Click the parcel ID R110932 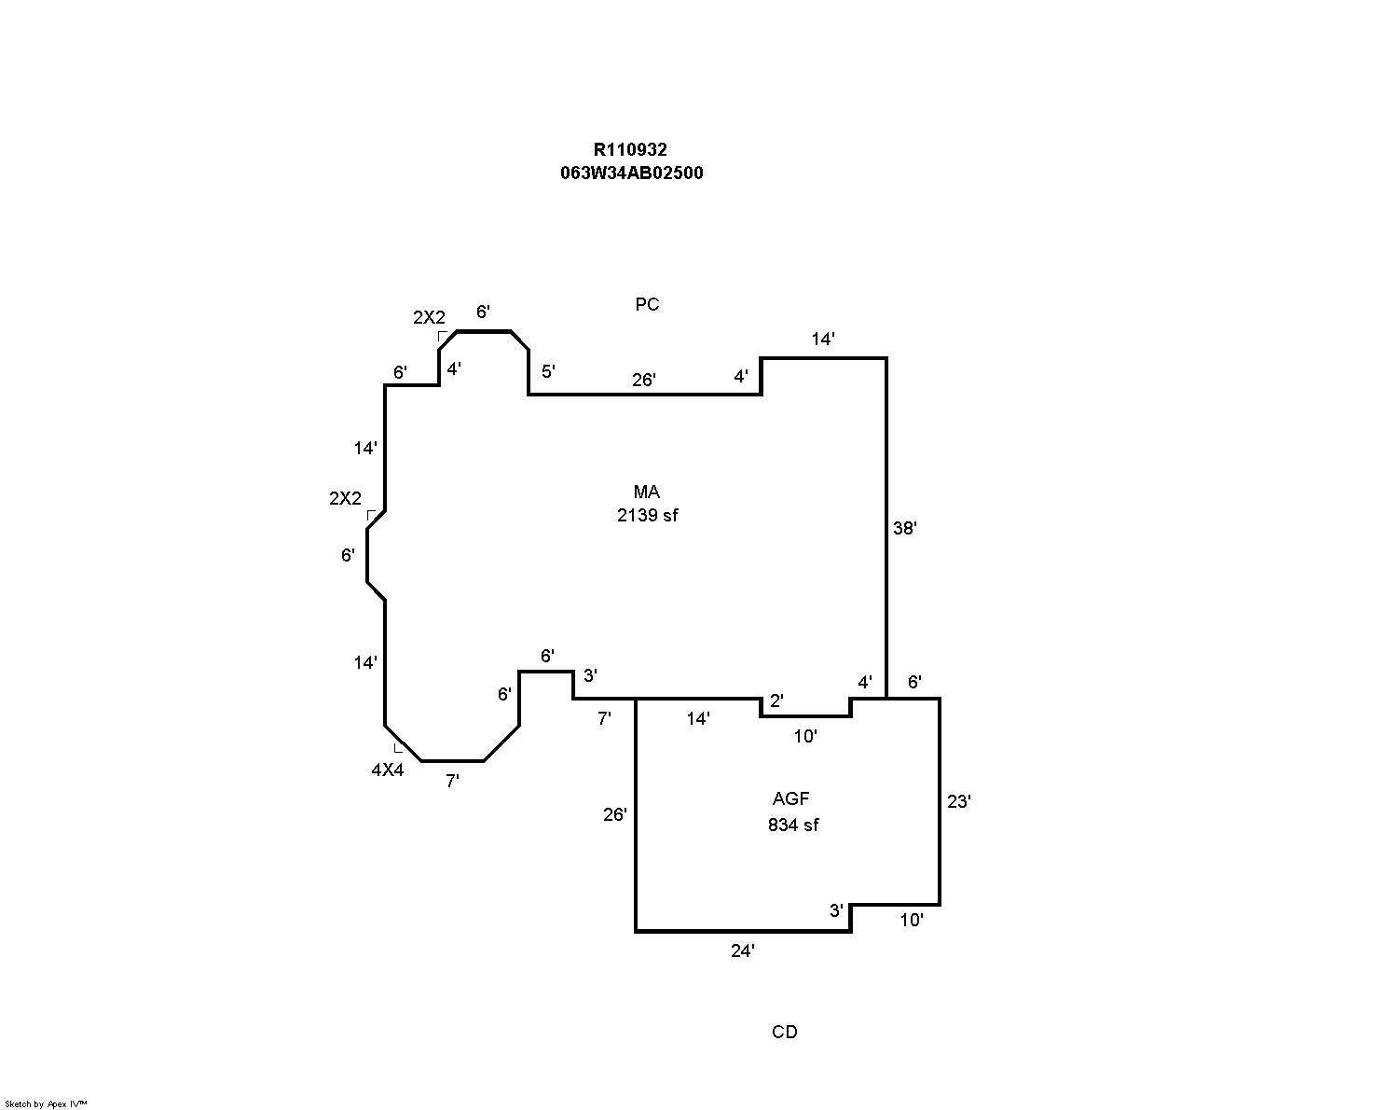tap(630, 149)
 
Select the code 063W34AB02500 tap(630, 173)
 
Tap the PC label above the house tap(647, 304)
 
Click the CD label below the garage tap(785, 1032)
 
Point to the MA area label tap(647, 492)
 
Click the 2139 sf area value tap(647, 515)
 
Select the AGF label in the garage tap(791, 798)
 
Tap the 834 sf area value tap(793, 825)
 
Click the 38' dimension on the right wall tap(905, 528)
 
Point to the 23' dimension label tap(959, 800)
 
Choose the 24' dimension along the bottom tap(743, 950)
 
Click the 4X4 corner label tap(388, 770)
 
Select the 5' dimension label tap(548, 371)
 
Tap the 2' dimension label tap(777, 701)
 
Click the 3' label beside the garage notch tap(836, 910)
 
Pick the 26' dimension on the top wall tap(644, 380)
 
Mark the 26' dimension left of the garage tap(614, 814)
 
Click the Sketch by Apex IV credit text tap(47, 1103)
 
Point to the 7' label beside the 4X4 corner tap(452, 782)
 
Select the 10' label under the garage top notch tap(805, 736)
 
